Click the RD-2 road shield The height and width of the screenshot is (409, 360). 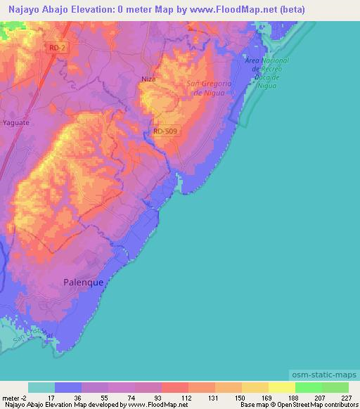click(x=58, y=47)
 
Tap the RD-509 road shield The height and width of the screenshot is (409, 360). click(x=166, y=130)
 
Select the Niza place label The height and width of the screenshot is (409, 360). click(x=148, y=79)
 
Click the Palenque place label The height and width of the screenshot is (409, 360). click(x=79, y=283)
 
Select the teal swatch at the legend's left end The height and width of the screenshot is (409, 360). click(x=41, y=387)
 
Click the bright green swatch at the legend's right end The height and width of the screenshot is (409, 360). click(x=335, y=387)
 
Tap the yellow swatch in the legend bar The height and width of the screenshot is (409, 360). click(x=281, y=387)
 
